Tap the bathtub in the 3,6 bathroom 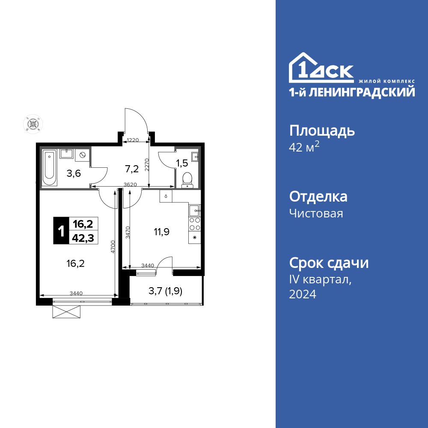pyautogui.click(x=49, y=168)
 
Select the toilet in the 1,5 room pyautogui.click(x=187, y=180)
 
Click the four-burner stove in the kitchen pyautogui.click(x=195, y=224)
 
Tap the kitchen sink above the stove pyautogui.click(x=194, y=210)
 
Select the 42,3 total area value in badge pyautogui.click(x=83, y=237)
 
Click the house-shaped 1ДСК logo pyautogui.click(x=321, y=68)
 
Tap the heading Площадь pyautogui.click(x=322, y=131)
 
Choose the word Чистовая pyautogui.click(x=316, y=213)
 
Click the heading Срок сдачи pyautogui.click(x=329, y=263)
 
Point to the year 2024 pyautogui.click(x=303, y=294)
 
